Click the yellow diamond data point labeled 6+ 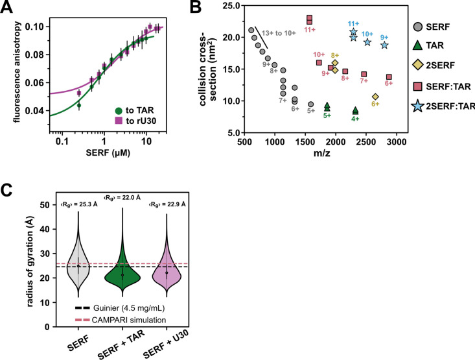(x=375, y=97)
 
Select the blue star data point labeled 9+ (x=384, y=45)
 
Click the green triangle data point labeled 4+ (x=355, y=110)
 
